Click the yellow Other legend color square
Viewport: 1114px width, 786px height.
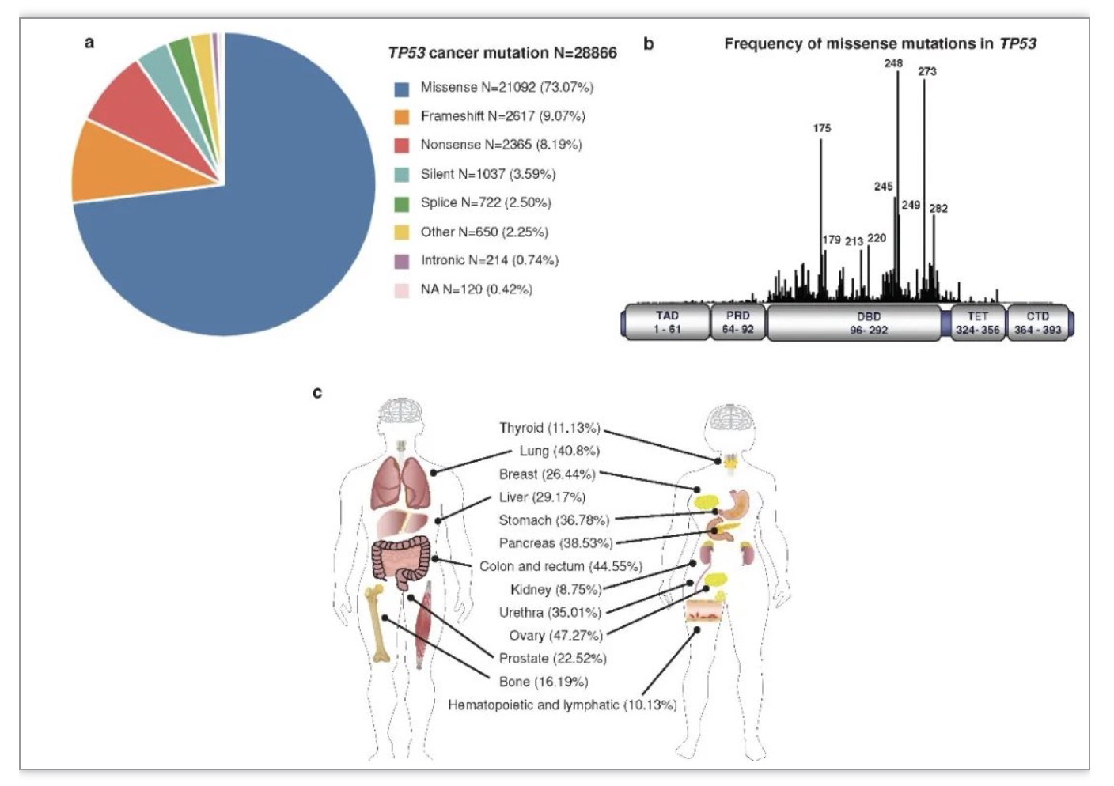tap(402, 232)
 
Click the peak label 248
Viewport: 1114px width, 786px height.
tap(893, 63)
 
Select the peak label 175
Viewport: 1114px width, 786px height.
tap(822, 128)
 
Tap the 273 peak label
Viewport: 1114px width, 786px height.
tap(927, 72)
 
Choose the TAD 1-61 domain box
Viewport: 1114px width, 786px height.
tap(667, 322)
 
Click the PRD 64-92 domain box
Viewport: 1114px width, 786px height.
tap(738, 322)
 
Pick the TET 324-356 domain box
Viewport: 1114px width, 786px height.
tap(978, 322)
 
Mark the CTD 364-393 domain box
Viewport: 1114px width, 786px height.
tap(1038, 322)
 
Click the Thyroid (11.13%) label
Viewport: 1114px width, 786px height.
tap(550, 428)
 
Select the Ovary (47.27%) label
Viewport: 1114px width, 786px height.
tap(555, 635)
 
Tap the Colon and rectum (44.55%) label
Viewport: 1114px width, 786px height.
tap(561, 566)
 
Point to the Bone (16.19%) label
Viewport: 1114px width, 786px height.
tap(544, 682)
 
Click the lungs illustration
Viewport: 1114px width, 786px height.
tap(401, 482)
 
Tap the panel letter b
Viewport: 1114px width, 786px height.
tap(649, 43)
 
